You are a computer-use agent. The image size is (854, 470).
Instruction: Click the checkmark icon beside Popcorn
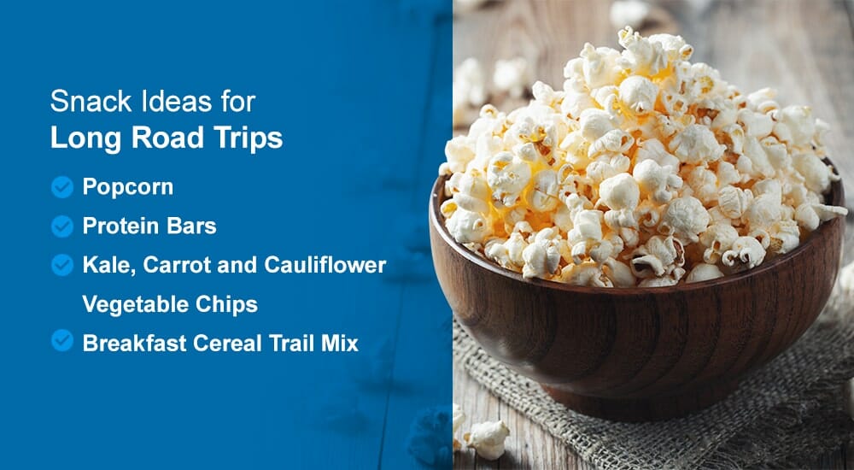[61, 187]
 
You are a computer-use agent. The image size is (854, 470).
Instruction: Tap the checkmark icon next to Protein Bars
[61, 226]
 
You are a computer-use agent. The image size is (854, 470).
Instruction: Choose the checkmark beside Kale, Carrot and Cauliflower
[61, 265]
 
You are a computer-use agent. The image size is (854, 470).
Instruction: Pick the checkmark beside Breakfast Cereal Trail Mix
[61, 341]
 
